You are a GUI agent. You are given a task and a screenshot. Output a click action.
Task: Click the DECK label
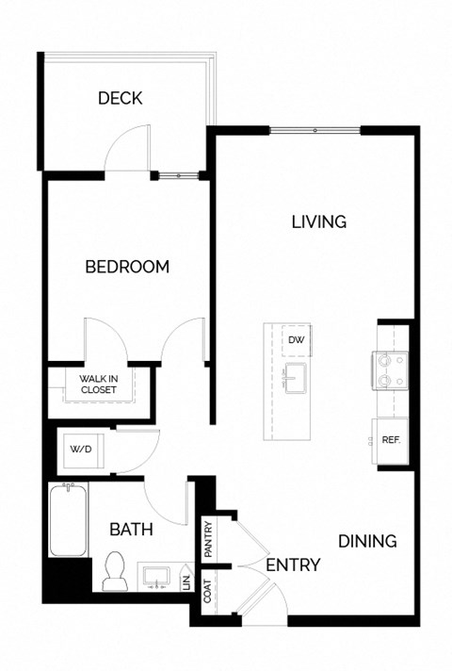120,98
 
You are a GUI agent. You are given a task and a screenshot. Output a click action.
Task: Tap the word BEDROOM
127,267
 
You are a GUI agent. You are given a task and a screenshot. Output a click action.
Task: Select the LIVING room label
318,222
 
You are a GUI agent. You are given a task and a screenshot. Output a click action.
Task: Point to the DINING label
367,541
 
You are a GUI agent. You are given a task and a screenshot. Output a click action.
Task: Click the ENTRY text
293,565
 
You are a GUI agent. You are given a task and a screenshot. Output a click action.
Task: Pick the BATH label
131,530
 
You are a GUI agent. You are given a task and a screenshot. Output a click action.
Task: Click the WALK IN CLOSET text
98,384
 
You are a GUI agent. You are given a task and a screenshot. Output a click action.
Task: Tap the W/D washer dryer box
78,450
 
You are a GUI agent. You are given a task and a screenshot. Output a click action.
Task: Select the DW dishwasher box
296,340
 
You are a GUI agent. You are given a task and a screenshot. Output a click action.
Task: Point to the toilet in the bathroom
116,571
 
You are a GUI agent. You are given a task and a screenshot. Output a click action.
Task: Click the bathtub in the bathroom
69,520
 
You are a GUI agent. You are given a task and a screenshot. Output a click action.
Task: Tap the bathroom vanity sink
156,575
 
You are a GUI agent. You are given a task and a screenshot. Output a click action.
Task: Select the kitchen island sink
296,377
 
